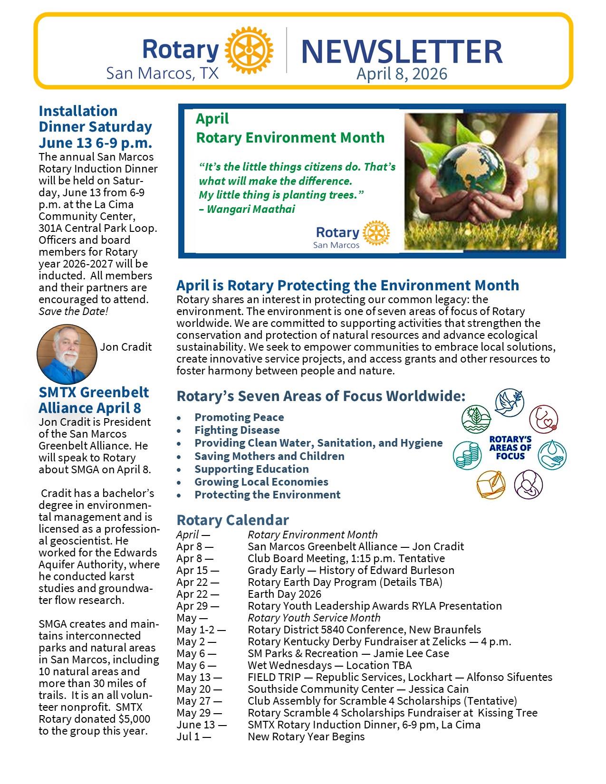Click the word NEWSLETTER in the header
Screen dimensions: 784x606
tap(402, 51)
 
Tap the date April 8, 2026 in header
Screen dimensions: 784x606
tap(402, 74)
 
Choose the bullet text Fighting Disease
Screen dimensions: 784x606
tap(237, 430)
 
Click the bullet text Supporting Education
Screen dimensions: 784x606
tap(251, 469)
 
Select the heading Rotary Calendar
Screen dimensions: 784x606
tap(232, 520)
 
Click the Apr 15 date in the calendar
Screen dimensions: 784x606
tap(198, 570)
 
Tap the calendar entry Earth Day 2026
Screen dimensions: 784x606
tap(284, 594)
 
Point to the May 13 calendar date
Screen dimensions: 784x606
tap(199, 677)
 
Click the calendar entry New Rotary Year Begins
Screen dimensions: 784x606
tap(306, 736)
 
